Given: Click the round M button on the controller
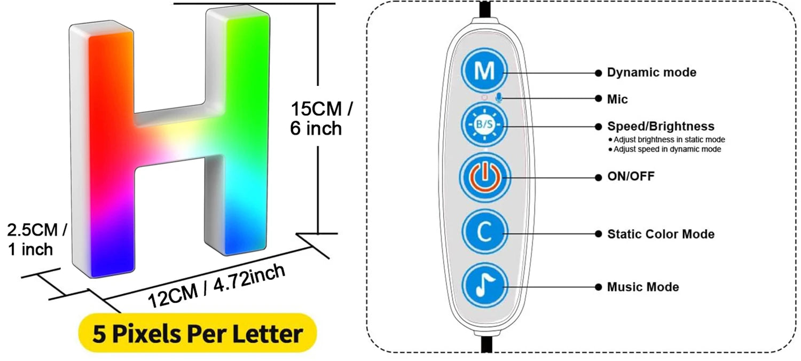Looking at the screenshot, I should tap(485, 72).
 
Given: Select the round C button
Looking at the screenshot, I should tap(485, 233).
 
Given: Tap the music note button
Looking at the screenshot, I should tap(485, 287).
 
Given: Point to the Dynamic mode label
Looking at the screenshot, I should tap(651, 72).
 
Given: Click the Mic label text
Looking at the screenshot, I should tap(617, 99).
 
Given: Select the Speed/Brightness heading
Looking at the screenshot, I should tap(661, 127).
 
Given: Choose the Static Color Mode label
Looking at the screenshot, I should tap(661, 234).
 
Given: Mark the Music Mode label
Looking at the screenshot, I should tap(643, 287).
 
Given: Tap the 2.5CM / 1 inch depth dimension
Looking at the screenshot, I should tap(36, 239).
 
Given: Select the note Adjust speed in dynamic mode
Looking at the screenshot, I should tap(666, 149).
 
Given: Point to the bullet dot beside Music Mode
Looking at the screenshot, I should tap(598, 287).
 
